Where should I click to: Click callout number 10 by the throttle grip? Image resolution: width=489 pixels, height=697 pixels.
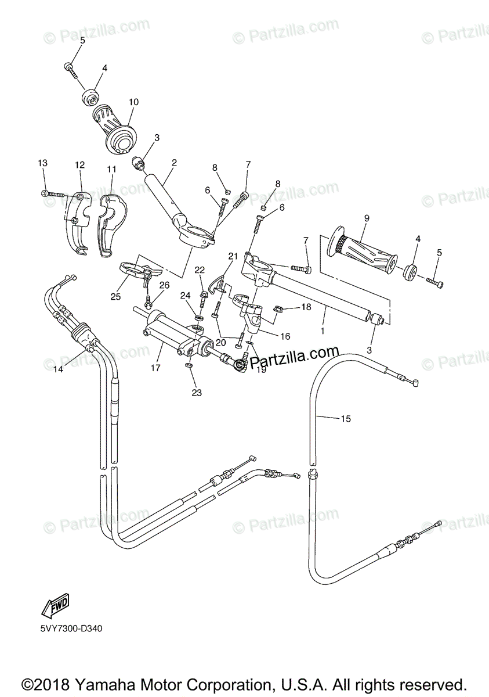coord(133,102)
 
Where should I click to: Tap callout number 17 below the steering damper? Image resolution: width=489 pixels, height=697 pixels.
coord(155,367)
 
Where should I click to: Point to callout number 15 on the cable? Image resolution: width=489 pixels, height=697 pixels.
coord(346,418)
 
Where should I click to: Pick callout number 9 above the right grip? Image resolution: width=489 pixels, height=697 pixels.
coord(367,218)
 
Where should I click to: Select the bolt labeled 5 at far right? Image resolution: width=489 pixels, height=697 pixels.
coord(436,283)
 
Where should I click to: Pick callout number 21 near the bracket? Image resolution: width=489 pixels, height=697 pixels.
coord(233,256)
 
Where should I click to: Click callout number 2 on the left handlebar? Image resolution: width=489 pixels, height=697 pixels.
coord(174,162)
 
